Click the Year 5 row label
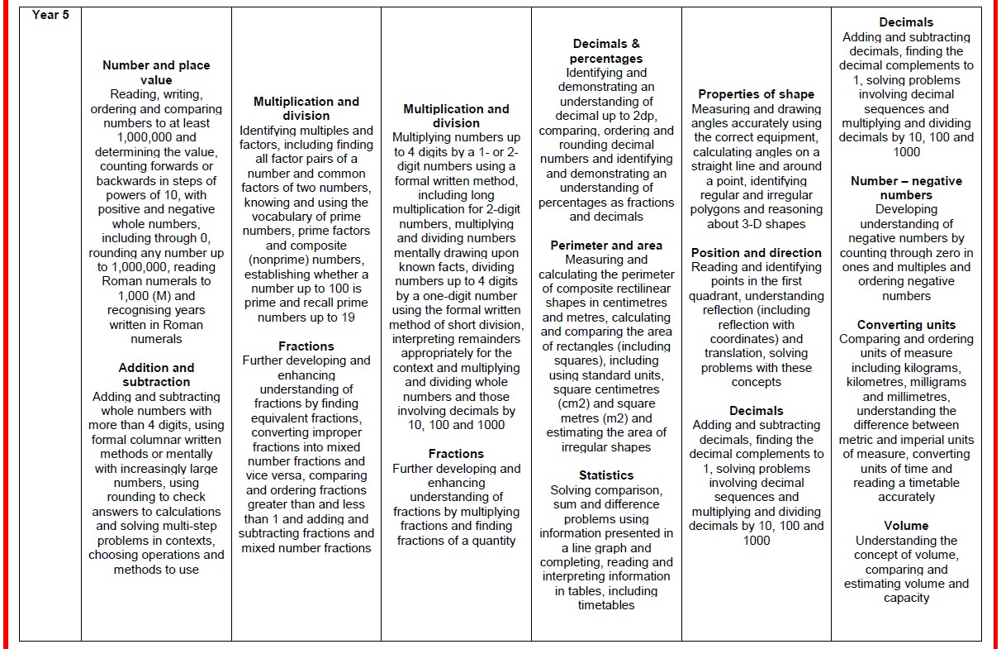[x=50, y=15]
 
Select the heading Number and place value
[x=156, y=73]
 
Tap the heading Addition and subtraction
[x=156, y=375]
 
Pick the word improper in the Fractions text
[x=339, y=432]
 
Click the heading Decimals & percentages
[x=606, y=51]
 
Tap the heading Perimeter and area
[x=606, y=245]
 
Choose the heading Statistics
[x=606, y=475]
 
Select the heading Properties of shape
[x=756, y=94]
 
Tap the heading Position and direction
[x=756, y=253]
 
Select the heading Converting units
[x=906, y=325]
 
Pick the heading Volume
[x=906, y=526]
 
